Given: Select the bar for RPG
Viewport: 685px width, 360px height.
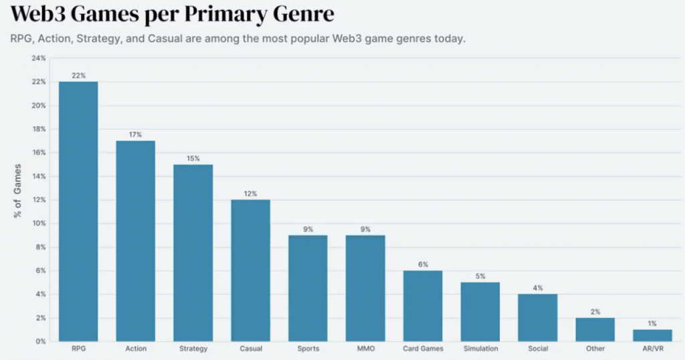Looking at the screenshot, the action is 78,211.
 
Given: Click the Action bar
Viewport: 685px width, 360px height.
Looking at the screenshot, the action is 135,241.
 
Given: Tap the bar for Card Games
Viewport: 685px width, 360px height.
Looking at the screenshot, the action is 423,306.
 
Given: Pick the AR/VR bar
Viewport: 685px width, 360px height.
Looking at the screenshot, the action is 652,335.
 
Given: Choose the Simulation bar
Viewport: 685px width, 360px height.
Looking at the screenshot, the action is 480,312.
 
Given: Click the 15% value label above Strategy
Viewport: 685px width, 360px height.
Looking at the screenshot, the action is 193,158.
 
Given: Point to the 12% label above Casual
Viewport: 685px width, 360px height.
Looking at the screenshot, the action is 250,193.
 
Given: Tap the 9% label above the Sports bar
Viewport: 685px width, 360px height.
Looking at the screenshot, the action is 308,229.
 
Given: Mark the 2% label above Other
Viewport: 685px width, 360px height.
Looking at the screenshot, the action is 595,312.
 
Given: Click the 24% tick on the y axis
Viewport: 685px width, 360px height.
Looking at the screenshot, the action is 38,58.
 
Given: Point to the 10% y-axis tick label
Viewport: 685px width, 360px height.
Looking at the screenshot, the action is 38,223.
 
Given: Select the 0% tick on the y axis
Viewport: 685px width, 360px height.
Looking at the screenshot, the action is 41,341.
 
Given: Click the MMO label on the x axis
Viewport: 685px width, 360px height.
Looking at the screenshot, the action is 366,348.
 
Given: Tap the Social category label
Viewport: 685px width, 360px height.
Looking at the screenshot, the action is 538,348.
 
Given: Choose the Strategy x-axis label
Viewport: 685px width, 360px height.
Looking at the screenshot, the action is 193,348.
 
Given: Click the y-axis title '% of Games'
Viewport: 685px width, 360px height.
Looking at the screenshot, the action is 17,191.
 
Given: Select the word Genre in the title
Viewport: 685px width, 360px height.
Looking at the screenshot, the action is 304,14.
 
